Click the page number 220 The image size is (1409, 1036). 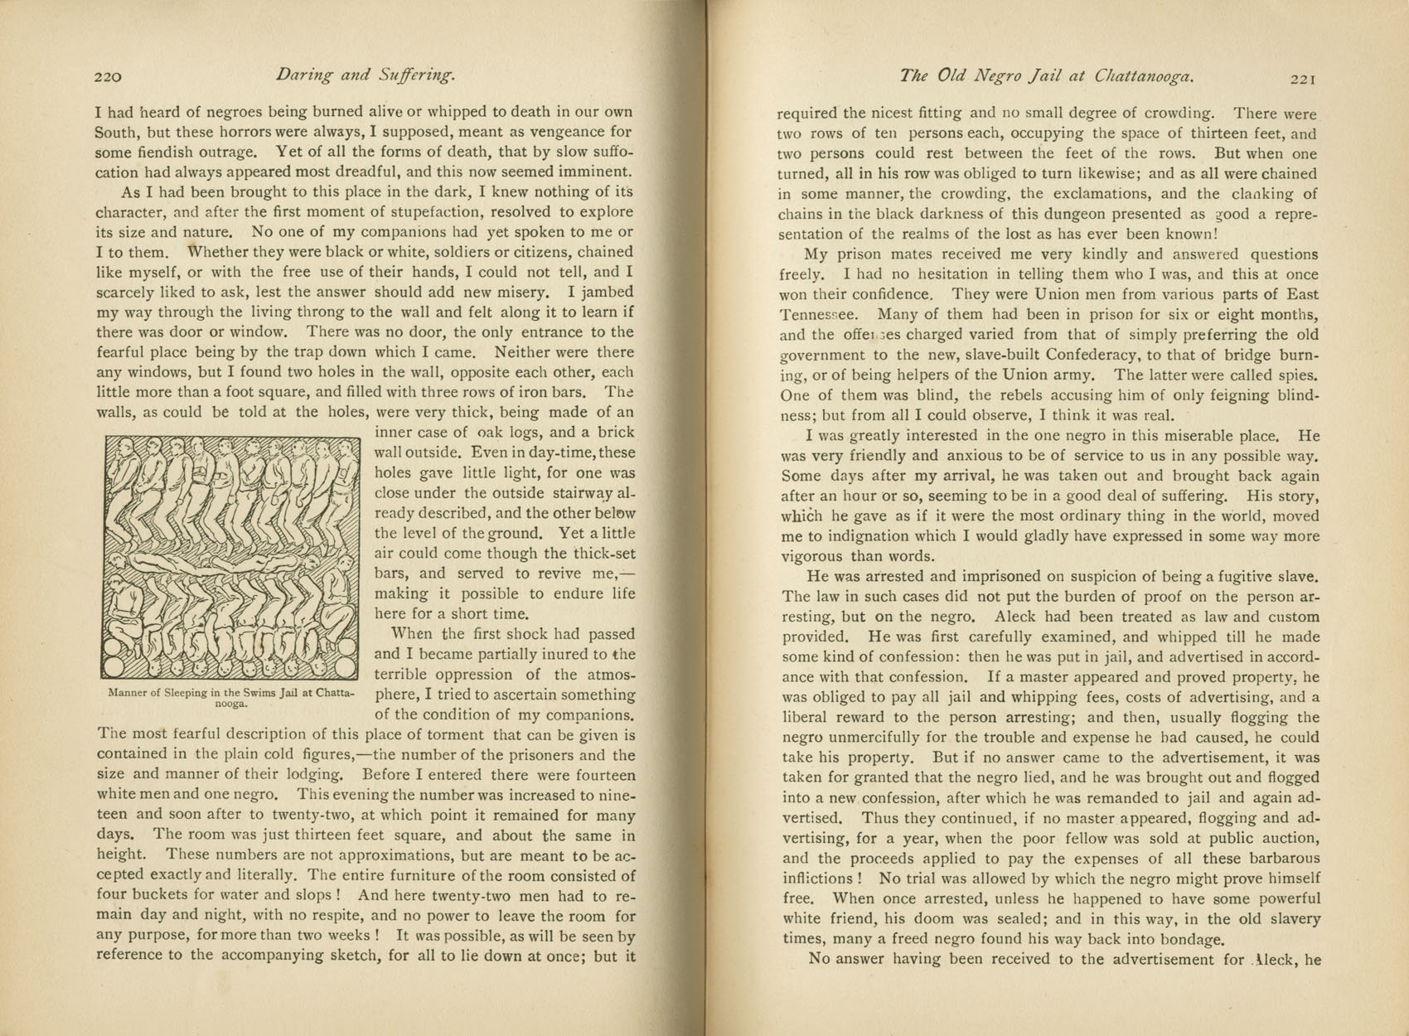109,77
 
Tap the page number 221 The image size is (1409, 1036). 1303,79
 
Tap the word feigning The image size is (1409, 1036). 1207,395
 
